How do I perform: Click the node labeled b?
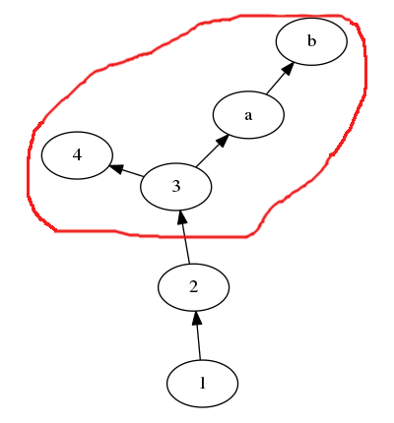(311, 41)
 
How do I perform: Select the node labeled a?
(248, 115)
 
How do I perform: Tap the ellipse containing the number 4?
(77, 155)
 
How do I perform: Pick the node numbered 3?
(176, 187)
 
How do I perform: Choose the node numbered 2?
(193, 287)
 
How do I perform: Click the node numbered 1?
(202, 384)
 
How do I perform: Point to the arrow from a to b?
(280, 78)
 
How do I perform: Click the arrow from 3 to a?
(212, 151)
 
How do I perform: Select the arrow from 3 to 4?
(126, 170)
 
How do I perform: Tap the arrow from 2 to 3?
(184, 237)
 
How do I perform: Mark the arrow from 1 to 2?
(198, 335)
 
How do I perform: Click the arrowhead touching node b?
(288, 69)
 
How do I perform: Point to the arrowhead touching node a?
(222, 141)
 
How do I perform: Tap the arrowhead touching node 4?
(116, 168)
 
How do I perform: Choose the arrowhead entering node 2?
(196, 319)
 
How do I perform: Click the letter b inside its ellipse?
(311, 41)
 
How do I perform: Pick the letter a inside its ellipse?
(248, 115)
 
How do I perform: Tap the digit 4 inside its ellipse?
(77, 154)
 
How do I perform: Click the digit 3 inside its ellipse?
(176, 186)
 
